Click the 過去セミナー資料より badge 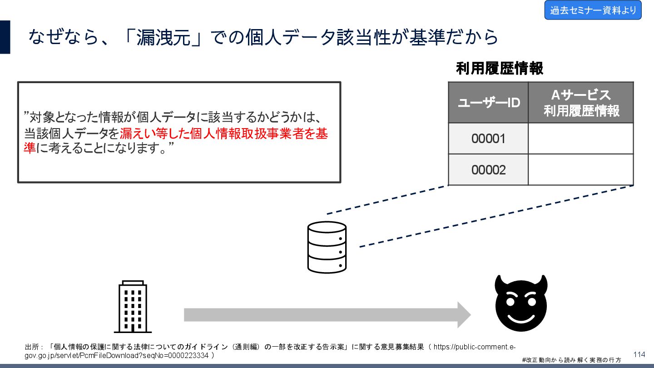(593, 10)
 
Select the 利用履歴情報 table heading (499, 69)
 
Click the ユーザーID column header (488, 103)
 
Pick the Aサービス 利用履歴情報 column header (581, 103)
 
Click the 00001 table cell (488, 139)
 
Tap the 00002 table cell (488, 170)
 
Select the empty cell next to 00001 (580, 139)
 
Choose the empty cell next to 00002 (580, 170)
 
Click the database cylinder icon (327, 247)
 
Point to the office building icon (133, 307)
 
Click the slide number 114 (639, 354)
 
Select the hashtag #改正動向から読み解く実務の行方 (571, 360)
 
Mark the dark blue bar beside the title (5, 37)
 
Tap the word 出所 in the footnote (32, 347)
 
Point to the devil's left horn (500, 283)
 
